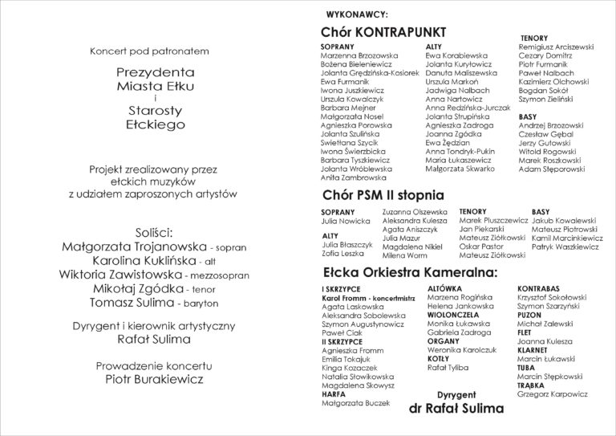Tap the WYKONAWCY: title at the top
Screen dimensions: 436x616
(357, 14)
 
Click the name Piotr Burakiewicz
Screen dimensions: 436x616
(151, 378)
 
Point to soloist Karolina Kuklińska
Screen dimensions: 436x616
(124, 262)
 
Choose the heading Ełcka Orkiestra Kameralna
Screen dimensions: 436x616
(404, 274)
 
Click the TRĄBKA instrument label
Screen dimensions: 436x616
(531, 383)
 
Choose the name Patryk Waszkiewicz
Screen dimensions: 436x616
(565, 247)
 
